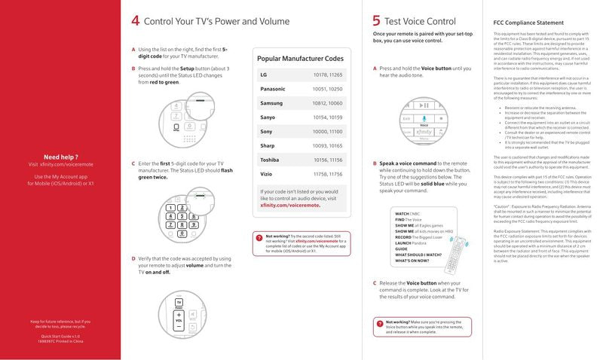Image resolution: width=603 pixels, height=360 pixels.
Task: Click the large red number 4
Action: [135, 21]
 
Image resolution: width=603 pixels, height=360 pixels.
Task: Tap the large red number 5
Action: [376, 21]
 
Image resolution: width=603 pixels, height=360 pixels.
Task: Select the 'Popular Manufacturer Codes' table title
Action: [301, 58]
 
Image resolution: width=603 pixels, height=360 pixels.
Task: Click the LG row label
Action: [263, 75]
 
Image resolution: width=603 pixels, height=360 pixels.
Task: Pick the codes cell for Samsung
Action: [327, 103]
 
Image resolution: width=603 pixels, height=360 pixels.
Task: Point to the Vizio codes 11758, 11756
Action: [327, 174]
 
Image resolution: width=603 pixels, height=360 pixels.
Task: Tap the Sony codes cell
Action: [327, 132]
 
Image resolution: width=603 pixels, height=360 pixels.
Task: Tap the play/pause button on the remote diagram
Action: [424, 106]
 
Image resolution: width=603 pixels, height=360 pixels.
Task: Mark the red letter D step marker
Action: [133, 258]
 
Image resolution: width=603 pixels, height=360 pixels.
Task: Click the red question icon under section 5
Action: [378, 323]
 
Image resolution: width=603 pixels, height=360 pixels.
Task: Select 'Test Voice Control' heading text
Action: [420, 21]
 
